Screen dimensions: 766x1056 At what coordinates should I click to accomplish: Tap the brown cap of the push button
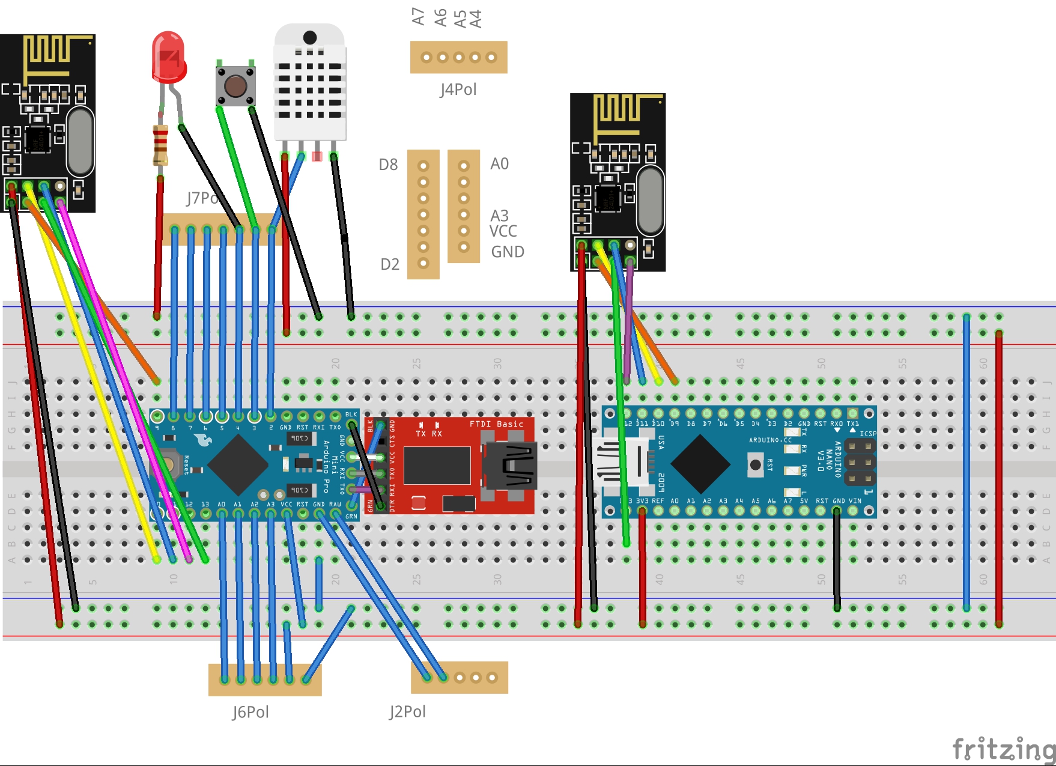point(235,86)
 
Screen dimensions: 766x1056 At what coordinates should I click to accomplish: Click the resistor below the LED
point(160,145)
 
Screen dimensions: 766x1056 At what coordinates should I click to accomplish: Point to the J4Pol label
point(458,90)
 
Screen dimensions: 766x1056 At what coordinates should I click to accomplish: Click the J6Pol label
point(250,712)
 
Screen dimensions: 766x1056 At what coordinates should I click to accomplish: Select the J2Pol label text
point(407,711)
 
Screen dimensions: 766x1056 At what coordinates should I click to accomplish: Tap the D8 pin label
point(388,165)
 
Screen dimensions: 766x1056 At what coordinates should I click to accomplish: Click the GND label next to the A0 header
point(508,252)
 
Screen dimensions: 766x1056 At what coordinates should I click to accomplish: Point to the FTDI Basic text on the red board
point(496,424)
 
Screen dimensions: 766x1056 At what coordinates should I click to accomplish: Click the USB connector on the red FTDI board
point(509,466)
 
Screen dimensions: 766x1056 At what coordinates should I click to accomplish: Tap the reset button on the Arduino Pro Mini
point(171,464)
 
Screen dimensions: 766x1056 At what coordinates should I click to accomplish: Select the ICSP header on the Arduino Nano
point(860,462)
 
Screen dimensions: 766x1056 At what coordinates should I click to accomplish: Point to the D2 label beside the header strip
point(390,264)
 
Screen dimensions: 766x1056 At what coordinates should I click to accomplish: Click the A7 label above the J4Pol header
point(418,16)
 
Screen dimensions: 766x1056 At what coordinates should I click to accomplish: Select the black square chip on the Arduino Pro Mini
point(238,464)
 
